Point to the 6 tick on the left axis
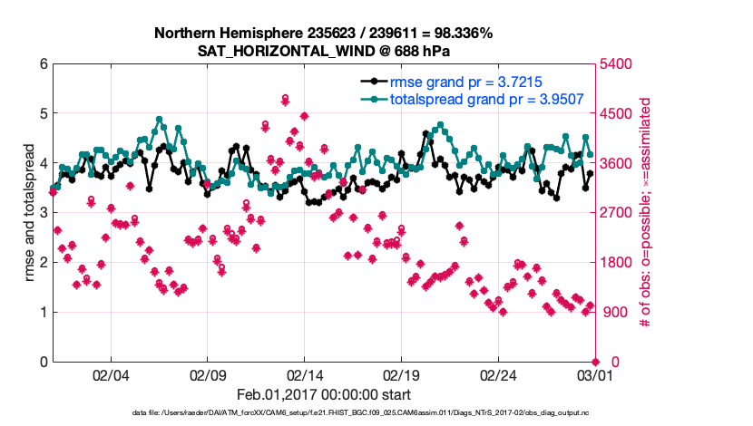point(43,64)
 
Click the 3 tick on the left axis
point(43,213)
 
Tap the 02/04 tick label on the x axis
point(111,375)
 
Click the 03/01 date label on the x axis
point(593,375)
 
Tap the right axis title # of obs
point(647,214)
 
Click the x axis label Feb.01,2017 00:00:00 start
point(323,394)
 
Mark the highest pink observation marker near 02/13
point(285,98)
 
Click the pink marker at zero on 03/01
point(594,362)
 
